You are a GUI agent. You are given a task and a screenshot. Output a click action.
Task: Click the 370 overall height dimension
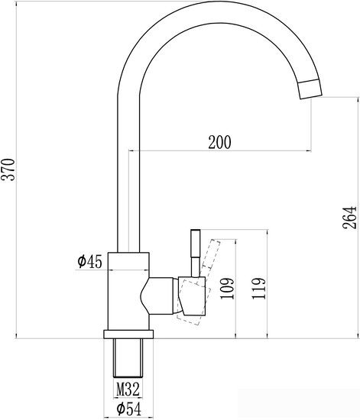pyautogui.click(x=8, y=170)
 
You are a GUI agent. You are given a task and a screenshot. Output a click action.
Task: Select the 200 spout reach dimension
pyautogui.click(x=219, y=142)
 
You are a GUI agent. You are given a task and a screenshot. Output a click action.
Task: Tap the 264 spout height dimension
pyautogui.click(x=349, y=217)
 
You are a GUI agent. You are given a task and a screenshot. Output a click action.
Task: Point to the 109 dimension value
pyautogui.click(x=227, y=289)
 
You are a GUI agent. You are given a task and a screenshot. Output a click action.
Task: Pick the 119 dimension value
pyautogui.click(x=258, y=289)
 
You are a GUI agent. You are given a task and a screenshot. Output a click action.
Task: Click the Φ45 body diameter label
pyautogui.click(x=89, y=261)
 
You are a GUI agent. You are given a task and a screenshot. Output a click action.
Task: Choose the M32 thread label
pyautogui.click(x=128, y=389)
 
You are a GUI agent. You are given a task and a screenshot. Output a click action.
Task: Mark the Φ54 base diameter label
pyautogui.click(x=128, y=409)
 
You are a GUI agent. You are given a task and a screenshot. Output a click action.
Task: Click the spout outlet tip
pyautogui.click(x=310, y=89)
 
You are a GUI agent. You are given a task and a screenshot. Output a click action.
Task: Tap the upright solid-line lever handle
pyautogui.click(x=196, y=253)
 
